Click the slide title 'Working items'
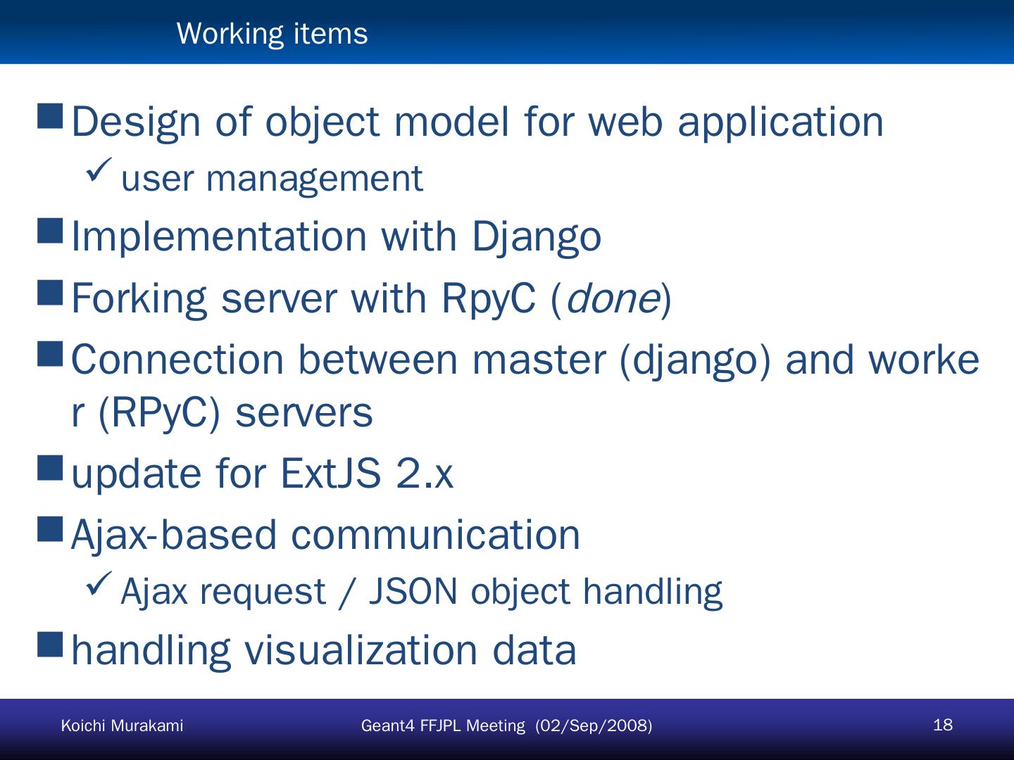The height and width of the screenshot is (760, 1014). pyautogui.click(x=272, y=33)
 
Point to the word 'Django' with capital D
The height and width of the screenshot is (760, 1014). pyautogui.click(x=536, y=236)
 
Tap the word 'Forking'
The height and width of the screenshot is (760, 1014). pyautogui.click(x=139, y=298)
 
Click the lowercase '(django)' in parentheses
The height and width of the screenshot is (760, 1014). pyautogui.click(x=695, y=360)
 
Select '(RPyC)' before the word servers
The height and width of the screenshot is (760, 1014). pyautogui.click(x=159, y=412)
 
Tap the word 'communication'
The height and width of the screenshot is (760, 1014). pyautogui.click(x=435, y=534)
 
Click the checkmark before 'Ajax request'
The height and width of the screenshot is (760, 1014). pyautogui.click(x=99, y=583)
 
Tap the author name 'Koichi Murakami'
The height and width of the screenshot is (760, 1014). pyautogui.click(x=122, y=726)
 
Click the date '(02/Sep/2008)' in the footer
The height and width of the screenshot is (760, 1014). pyautogui.click(x=594, y=726)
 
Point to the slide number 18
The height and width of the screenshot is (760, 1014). pyautogui.click(x=942, y=725)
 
